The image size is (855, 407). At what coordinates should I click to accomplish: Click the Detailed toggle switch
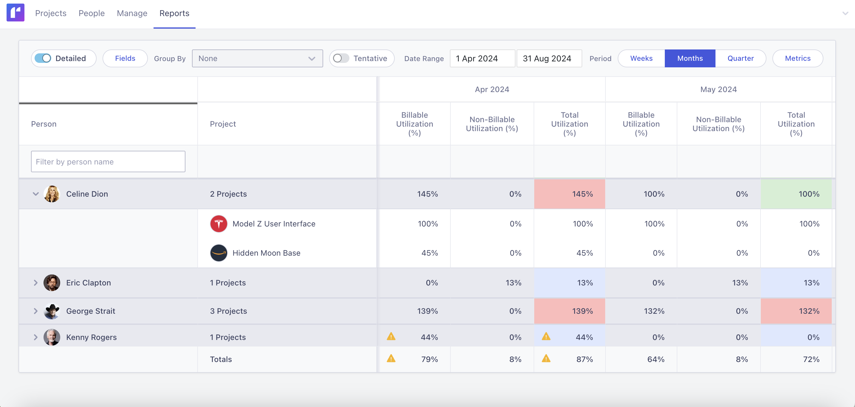[43, 58]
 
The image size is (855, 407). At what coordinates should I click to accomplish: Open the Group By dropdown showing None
[257, 58]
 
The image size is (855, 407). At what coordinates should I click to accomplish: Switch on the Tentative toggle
[341, 58]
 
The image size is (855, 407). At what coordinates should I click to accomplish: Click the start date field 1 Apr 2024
[482, 58]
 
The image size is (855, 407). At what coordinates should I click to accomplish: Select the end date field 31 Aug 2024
[549, 58]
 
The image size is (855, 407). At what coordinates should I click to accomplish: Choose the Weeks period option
[641, 58]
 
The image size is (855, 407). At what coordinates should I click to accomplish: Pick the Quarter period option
[740, 58]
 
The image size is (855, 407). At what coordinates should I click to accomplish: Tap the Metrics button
[797, 58]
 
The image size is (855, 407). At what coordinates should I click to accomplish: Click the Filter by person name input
[108, 161]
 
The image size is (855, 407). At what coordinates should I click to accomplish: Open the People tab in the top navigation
[92, 13]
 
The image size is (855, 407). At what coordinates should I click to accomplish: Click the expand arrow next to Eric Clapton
[35, 283]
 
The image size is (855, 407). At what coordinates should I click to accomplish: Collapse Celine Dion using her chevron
[35, 194]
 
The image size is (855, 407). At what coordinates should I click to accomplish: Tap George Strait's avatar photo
[52, 311]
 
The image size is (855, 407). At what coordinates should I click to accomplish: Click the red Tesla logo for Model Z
[219, 224]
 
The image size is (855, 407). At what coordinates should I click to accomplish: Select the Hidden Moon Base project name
[266, 253]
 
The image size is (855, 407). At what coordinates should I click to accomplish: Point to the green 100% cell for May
[796, 194]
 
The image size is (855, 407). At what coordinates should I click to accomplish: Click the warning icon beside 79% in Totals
[391, 358]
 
